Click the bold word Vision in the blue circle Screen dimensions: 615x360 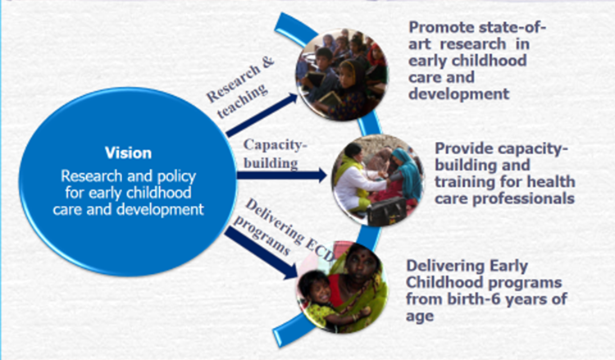(x=128, y=153)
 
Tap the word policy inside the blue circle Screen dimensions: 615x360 (x=176, y=177)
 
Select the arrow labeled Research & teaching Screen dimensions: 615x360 (x=262, y=115)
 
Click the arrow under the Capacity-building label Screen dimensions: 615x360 (x=282, y=175)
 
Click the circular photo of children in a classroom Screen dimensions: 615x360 (x=341, y=74)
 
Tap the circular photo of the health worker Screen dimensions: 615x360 (x=378, y=180)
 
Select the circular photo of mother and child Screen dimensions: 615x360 (x=342, y=287)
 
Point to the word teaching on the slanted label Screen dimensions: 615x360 (x=243, y=101)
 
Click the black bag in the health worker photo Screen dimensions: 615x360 (x=387, y=211)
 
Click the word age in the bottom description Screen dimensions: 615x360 (x=420, y=317)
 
